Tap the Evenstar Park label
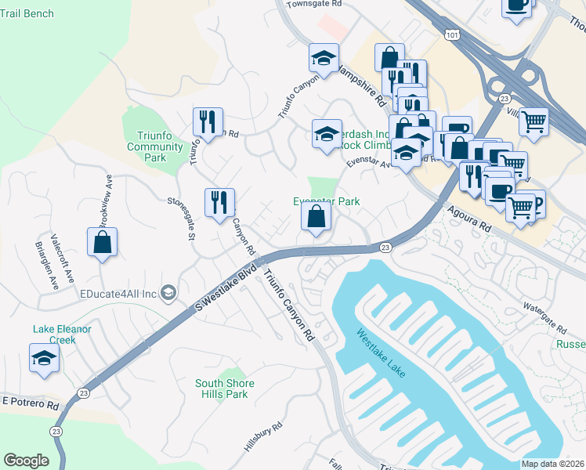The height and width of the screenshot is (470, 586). point(326,201)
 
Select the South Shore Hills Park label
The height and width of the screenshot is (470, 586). point(222,389)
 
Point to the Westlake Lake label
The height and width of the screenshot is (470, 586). point(382,353)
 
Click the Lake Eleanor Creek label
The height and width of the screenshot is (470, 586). point(62,334)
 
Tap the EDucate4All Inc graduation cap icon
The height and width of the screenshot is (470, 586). point(168,293)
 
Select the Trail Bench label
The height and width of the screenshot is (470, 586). point(27,13)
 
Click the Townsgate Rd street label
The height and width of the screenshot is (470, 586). point(314,4)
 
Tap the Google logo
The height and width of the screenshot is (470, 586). point(26,460)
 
